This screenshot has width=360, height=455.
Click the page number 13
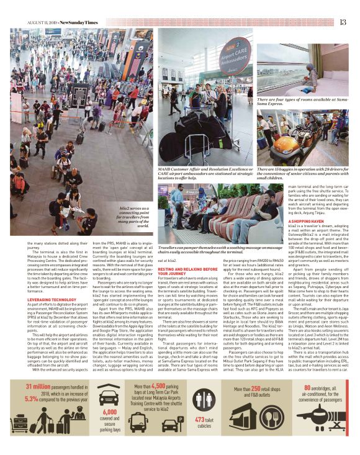[343, 22]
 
